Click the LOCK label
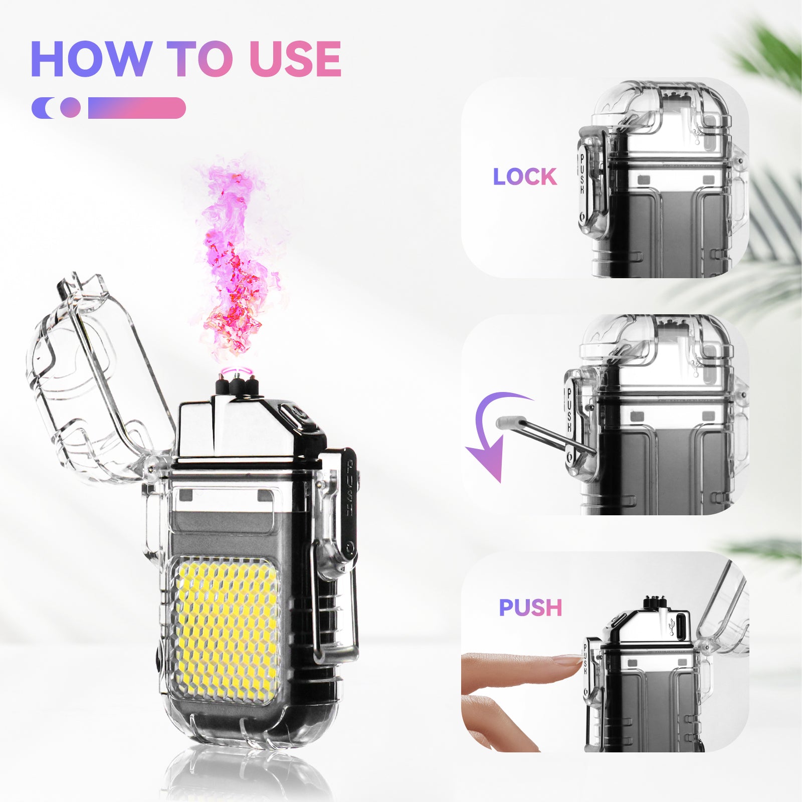[x=524, y=177]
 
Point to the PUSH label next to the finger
[x=530, y=608]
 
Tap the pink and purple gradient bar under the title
[x=136, y=108]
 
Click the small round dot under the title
[x=70, y=107]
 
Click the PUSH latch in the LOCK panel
[x=582, y=175]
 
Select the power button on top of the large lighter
[x=296, y=416]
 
